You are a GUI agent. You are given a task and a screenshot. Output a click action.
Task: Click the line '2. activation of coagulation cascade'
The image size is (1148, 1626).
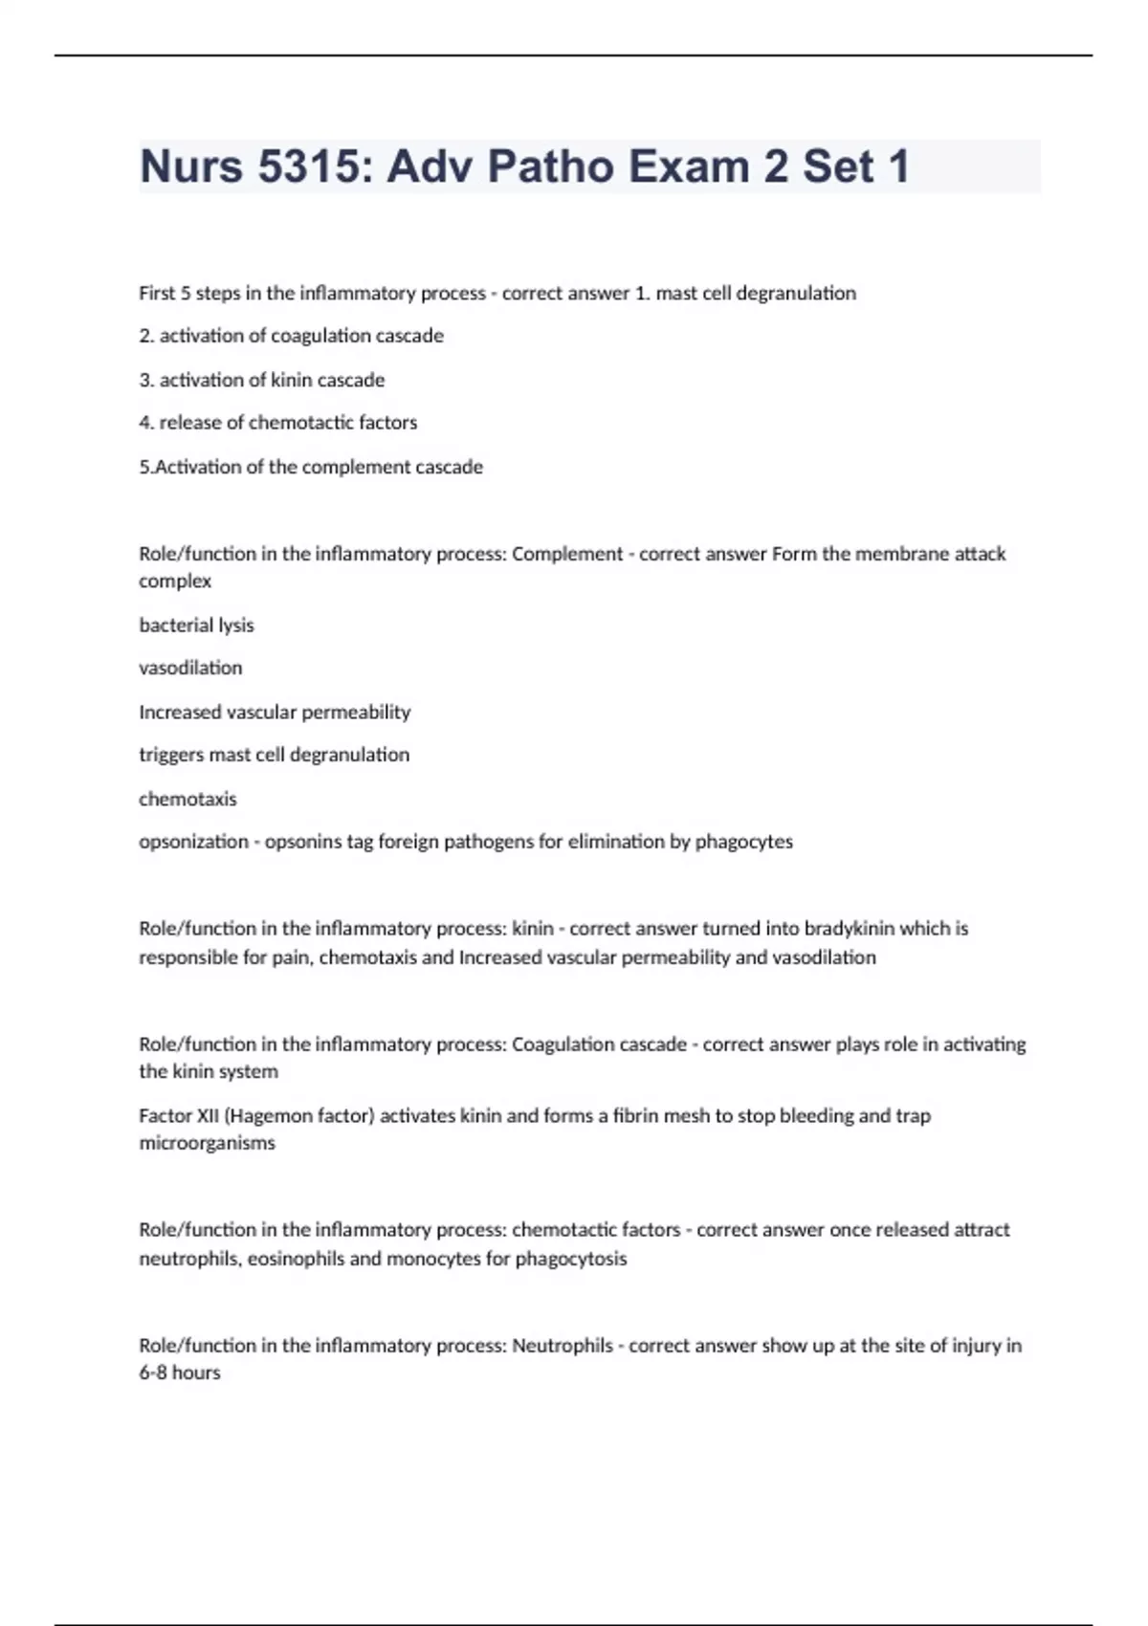click(x=291, y=336)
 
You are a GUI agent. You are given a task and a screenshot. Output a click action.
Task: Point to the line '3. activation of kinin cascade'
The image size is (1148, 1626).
click(x=261, y=380)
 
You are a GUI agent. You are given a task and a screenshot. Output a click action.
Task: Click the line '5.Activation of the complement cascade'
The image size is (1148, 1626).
click(x=311, y=467)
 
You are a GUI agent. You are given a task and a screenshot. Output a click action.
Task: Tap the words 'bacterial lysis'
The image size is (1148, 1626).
click(x=196, y=626)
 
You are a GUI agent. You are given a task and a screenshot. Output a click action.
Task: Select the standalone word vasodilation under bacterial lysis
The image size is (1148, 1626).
click(x=190, y=668)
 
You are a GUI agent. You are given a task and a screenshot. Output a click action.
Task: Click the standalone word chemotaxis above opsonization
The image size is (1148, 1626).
click(x=188, y=799)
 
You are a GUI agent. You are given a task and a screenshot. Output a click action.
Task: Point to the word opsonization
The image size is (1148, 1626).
click(x=193, y=842)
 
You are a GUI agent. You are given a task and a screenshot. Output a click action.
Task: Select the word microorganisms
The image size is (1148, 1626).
click(x=207, y=1143)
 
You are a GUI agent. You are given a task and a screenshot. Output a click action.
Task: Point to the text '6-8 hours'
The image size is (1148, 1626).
click(x=180, y=1373)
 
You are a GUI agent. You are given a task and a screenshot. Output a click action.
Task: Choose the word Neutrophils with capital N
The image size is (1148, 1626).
click(x=563, y=1346)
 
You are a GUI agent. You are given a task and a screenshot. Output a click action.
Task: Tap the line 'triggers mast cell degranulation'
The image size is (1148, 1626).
click(x=274, y=755)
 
